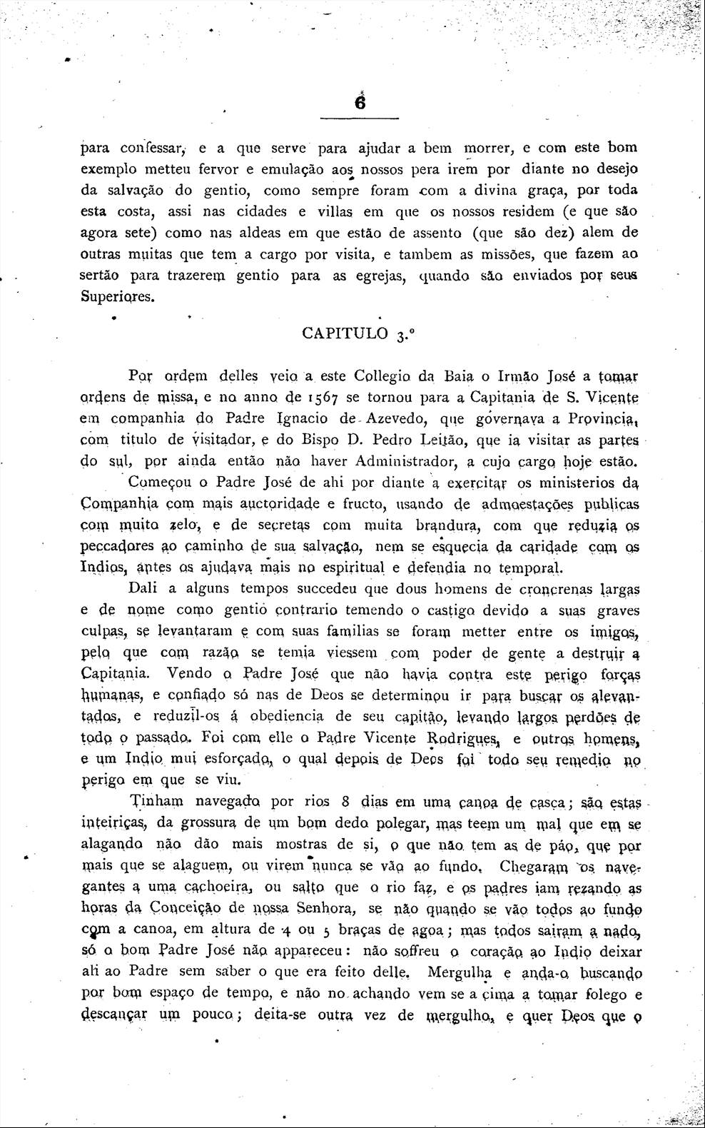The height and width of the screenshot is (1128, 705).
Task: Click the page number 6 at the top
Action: point(360,103)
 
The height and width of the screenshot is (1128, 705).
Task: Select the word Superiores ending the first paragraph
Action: point(116,296)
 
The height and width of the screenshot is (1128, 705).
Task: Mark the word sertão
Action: point(101,275)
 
